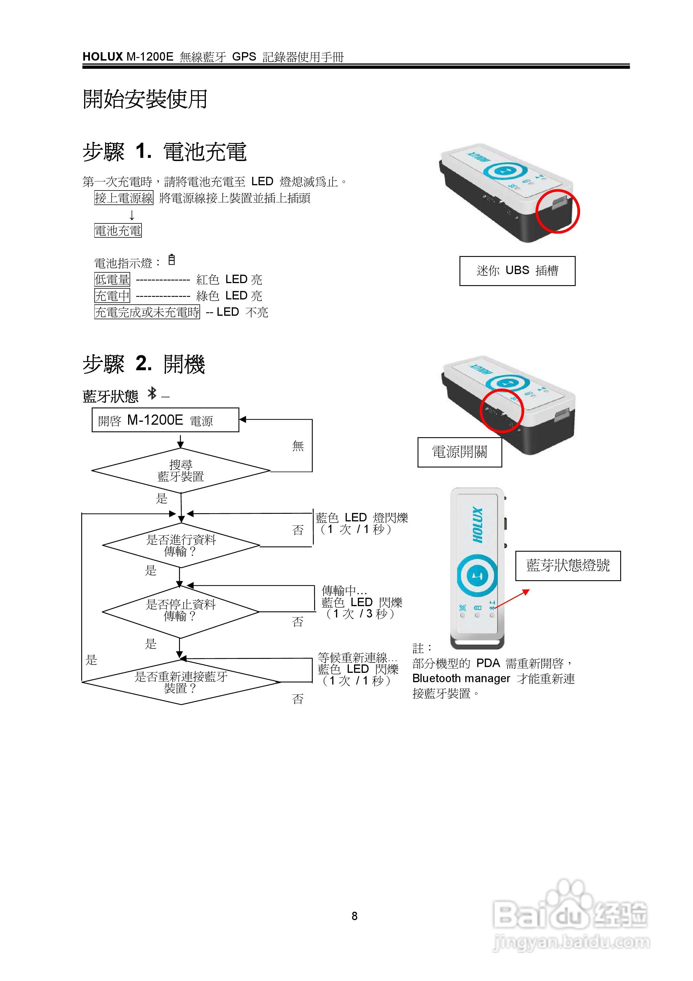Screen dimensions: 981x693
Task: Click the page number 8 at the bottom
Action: pos(354,916)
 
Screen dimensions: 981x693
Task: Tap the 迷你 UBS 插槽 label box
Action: pos(517,271)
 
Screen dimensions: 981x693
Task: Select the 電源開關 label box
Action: pos(459,452)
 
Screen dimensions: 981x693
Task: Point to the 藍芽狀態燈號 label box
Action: pos(568,566)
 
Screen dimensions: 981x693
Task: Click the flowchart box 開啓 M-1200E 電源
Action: pos(165,420)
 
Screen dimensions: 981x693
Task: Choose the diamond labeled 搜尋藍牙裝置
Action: pos(181,470)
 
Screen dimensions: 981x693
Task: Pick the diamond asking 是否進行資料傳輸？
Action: pos(181,546)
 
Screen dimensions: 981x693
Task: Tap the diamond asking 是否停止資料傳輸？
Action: pos(181,611)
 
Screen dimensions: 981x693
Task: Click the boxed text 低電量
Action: pos(112,279)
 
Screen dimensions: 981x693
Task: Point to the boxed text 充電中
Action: pos(112,296)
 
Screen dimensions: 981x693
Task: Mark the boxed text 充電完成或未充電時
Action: pos(147,312)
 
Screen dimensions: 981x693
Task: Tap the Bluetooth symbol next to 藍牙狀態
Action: pos(152,393)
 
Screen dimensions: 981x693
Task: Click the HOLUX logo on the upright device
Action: pos(478,525)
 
